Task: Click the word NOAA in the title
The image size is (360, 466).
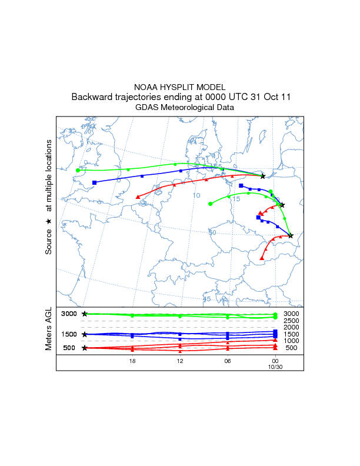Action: [148, 87]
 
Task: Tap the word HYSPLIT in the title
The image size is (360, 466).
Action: [180, 87]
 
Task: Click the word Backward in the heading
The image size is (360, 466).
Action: [93, 97]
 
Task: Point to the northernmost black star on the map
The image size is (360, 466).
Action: [262, 177]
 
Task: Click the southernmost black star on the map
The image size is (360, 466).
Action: [291, 236]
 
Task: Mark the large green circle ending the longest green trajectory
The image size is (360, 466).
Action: [78, 170]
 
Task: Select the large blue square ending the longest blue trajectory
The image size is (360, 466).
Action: [94, 182]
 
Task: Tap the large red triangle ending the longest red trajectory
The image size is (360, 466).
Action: [138, 196]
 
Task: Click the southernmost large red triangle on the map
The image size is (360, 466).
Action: [262, 258]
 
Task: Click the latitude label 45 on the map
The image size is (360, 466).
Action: [206, 299]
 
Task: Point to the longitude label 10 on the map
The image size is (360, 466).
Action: [197, 195]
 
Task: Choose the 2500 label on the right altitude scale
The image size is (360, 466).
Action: [292, 321]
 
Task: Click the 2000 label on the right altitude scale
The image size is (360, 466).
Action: [292, 327]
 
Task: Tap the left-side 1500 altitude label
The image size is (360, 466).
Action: [70, 334]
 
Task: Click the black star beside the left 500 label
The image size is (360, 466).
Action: [85, 348]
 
